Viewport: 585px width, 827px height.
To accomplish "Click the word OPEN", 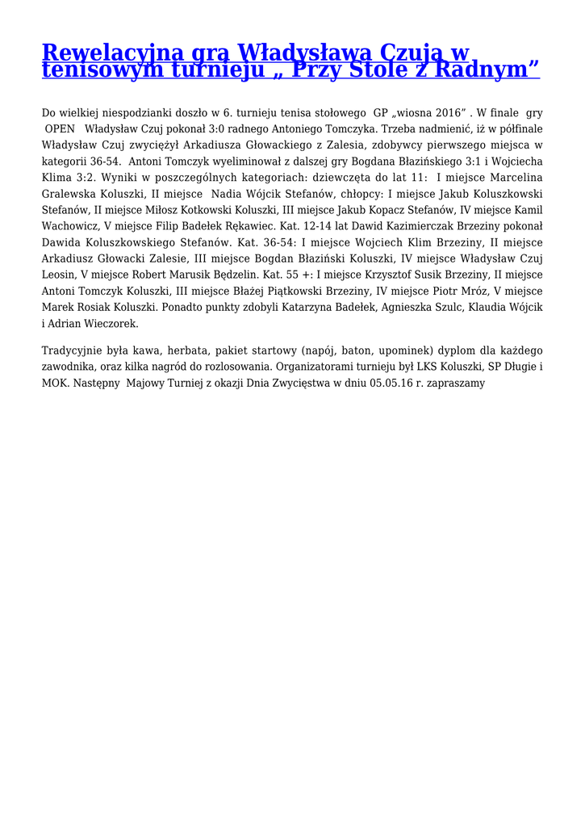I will click(60, 128).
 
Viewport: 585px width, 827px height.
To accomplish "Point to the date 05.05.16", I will click(392, 384).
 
